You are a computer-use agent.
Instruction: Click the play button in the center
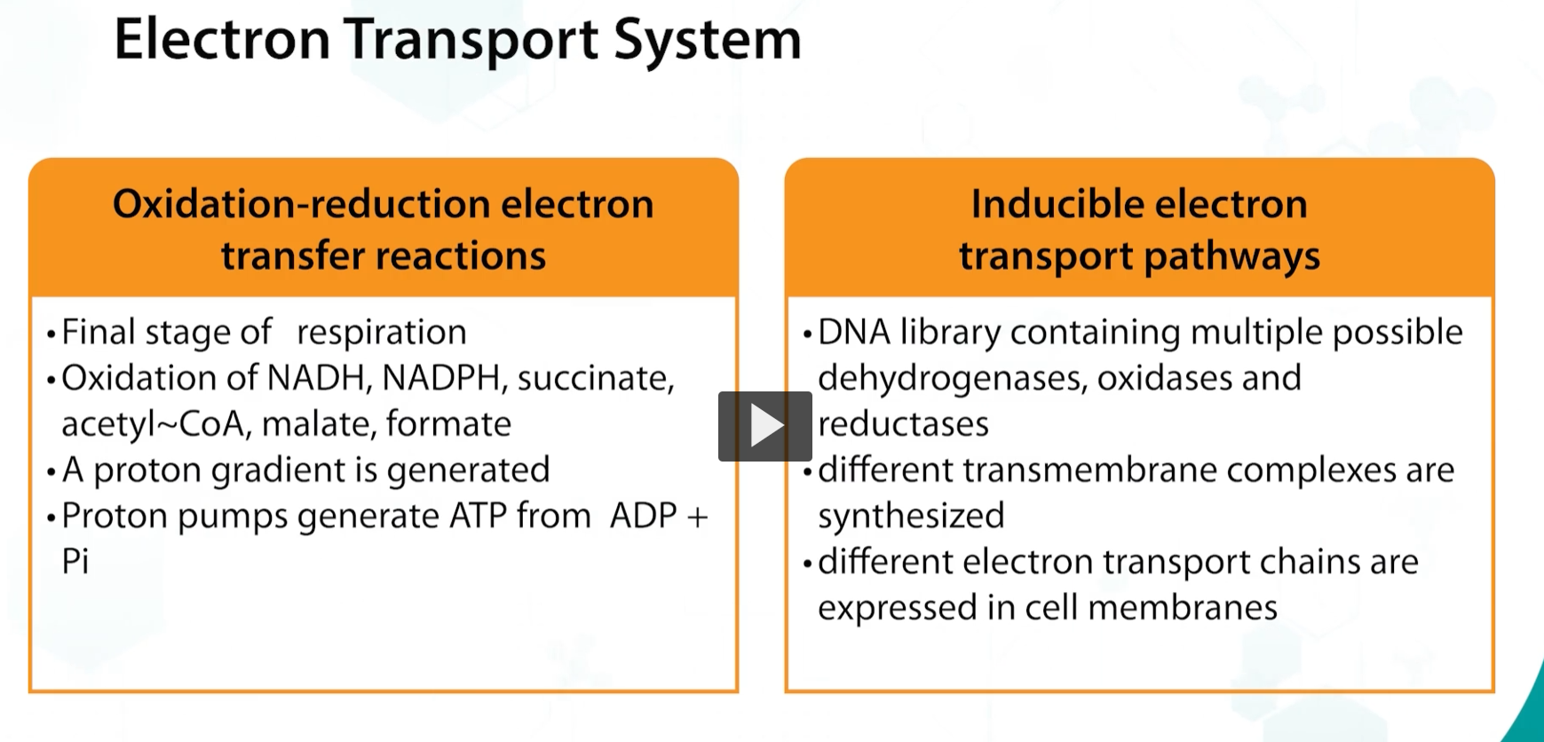click(764, 426)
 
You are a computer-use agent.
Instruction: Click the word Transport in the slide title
click(471, 40)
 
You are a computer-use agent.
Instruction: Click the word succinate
click(595, 379)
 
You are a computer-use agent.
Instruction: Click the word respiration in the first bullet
click(381, 333)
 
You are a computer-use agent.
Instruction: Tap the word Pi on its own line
click(75, 562)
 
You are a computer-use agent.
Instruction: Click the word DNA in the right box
click(853, 333)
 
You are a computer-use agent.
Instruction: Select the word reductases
click(903, 424)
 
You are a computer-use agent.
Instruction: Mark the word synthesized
click(911, 517)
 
